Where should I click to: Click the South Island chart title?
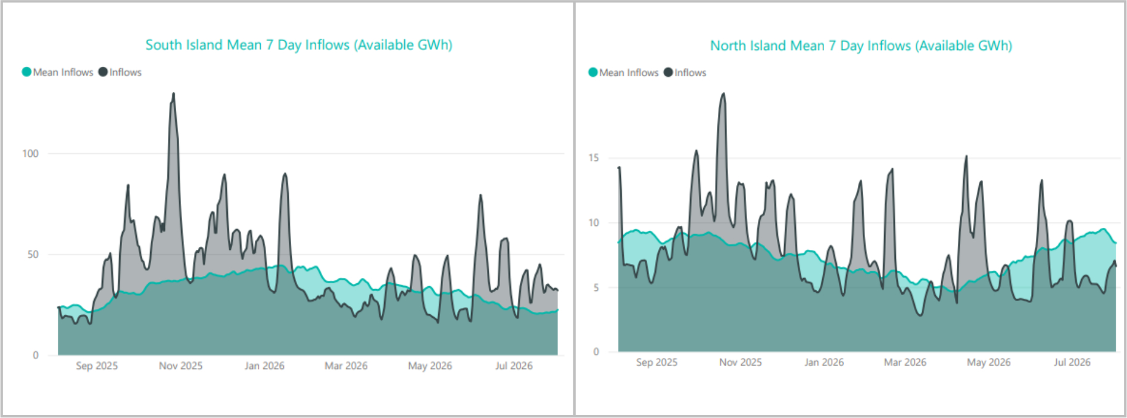(299, 45)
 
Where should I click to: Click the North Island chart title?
(861, 46)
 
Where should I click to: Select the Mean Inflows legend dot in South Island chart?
(26, 72)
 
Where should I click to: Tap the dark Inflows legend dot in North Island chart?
(668, 73)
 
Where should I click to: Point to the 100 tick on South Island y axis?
(30, 154)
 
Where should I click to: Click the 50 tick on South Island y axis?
(33, 255)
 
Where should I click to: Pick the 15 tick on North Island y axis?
(594, 158)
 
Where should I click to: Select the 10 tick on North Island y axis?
(594, 223)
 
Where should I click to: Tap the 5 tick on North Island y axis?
(596, 287)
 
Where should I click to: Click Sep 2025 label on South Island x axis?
(97, 366)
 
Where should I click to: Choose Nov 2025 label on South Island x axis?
(180, 366)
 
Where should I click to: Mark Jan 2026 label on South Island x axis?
(264, 366)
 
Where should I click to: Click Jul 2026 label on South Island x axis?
(514, 366)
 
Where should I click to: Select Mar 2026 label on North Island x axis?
(905, 363)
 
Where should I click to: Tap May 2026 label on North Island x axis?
(989, 363)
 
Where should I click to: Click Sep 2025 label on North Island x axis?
(657, 363)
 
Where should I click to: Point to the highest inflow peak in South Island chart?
(173, 94)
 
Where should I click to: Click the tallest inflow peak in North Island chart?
(723, 94)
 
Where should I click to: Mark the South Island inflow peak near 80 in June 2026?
(480, 196)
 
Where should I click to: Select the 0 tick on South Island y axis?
(36, 355)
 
